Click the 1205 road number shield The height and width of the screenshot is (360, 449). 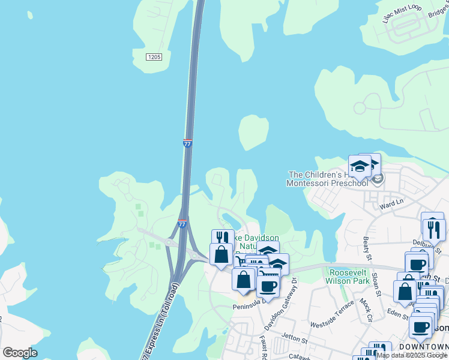(154, 57)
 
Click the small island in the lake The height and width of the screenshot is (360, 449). (253, 131)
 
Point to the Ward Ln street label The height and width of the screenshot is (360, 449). (391, 205)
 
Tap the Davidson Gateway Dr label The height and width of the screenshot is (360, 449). (281, 304)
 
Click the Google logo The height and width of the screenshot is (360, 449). (20, 353)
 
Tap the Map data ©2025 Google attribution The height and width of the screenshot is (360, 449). (412, 356)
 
